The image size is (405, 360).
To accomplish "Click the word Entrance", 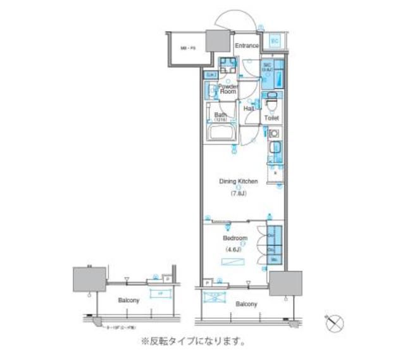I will click(x=247, y=46).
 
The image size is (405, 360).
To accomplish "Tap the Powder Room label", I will click(x=228, y=89).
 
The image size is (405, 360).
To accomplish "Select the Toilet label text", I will click(x=271, y=118).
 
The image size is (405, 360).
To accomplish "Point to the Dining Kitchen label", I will click(x=238, y=181).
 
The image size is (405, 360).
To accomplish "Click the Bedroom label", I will click(x=235, y=239).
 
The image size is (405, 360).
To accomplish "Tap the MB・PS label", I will click(x=187, y=48).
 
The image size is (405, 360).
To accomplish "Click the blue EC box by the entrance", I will click(x=275, y=40).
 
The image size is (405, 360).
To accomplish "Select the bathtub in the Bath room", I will click(x=221, y=133).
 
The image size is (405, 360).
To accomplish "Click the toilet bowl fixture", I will click(x=271, y=100).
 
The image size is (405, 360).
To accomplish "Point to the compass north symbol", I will click(x=335, y=323).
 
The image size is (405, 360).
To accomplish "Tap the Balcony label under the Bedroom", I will click(x=246, y=304).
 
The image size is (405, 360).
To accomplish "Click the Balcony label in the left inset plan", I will click(x=128, y=300).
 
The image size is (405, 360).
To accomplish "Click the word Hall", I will click(x=249, y=109).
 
